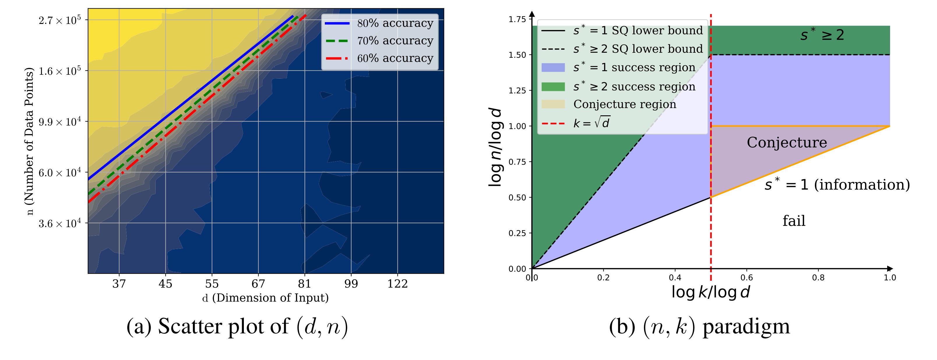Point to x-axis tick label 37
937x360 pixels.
point(119,284)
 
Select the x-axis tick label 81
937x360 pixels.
point(304,284)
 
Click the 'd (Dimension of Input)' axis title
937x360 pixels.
point(265,298)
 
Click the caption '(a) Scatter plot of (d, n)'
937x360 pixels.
point(237,326)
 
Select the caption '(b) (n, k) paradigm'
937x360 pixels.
point(699,326)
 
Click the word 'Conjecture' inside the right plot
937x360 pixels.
point(787,142)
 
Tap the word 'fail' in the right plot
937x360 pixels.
point(794,221)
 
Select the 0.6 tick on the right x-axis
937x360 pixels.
point(747,278)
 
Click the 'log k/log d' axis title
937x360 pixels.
point(710,292)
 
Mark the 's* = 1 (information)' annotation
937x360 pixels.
point(836,185)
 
